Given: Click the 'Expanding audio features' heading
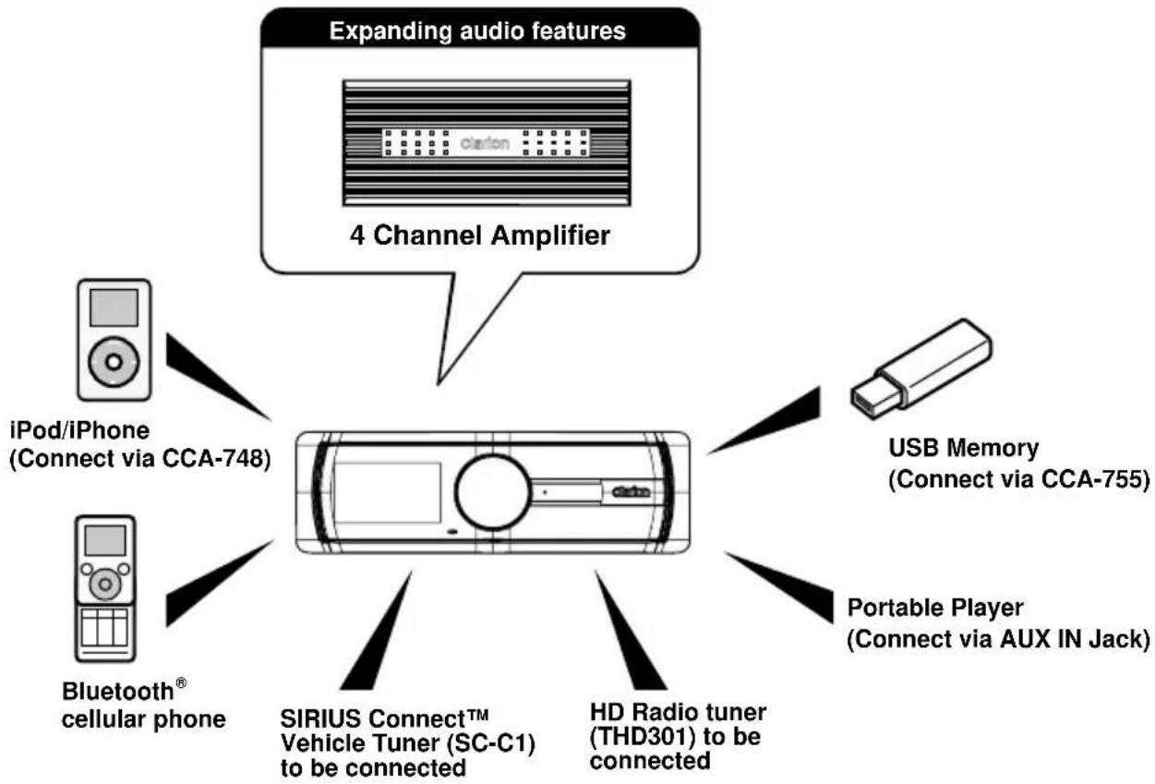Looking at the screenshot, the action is pyautogui.click(x=477, y=31).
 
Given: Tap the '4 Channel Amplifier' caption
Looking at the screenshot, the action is pyautogui.click(x=480, y=235).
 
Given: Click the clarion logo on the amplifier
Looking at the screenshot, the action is pyautogui.click(x=485, y=143).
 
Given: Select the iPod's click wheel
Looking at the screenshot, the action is pyautogui.click(x=114, y=362).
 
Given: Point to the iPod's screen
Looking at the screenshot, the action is pyautogui.click(x=114, y=308).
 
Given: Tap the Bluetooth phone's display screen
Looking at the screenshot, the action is pyautogui.click(x=105, y=540).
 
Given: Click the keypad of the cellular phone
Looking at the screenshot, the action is pyautogui.click(x=104, y=627).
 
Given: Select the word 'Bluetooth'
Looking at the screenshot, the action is pyautogui.click(x=117, y=692).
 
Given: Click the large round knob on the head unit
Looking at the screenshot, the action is pyautogui.click(x=492, y=492).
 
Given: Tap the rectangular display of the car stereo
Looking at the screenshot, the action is pyautogui.click(x=387, y=492).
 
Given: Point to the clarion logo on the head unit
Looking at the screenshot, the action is pyautogui.click(x=631, y=492).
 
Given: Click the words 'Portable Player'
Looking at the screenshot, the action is pyautogui.click(x=935, y=608).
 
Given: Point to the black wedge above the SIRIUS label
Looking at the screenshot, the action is pyautogui.click(x=376, y=631).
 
